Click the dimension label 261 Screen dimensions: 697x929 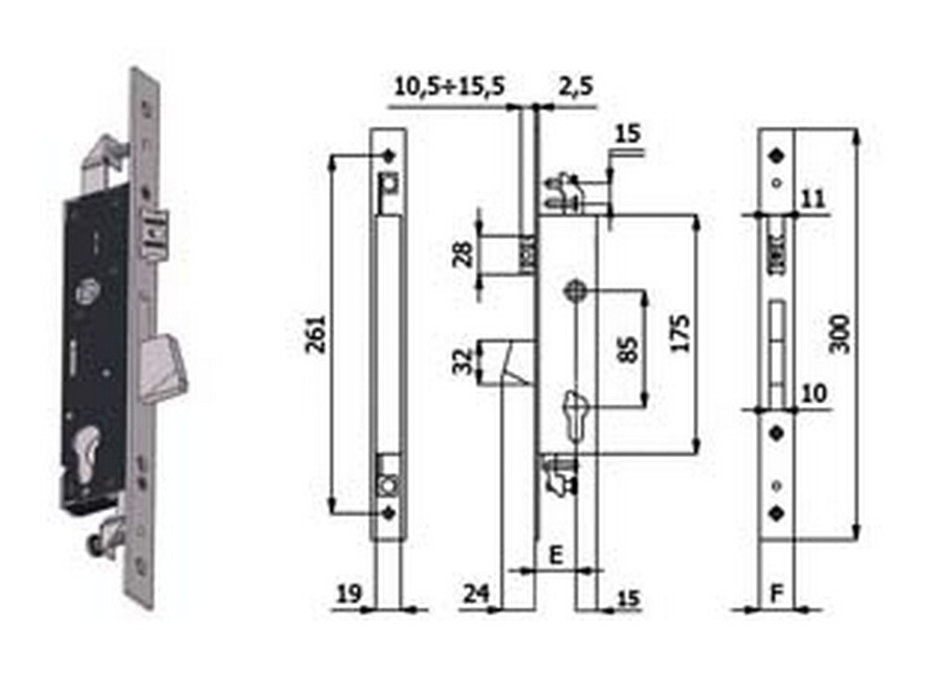click(x=316, y=335)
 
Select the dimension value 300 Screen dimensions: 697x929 click(x=840, y=332)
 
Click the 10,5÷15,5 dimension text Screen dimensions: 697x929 click(x=450, y=86)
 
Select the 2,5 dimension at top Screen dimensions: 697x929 click(x=576, y=86)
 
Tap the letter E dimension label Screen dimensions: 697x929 click(x=556, y=555)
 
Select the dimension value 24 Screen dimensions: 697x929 click(x=476, y=591)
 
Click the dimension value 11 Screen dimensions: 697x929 click(x=814, y=197)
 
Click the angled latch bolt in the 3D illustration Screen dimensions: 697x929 click(x=167, y=365)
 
